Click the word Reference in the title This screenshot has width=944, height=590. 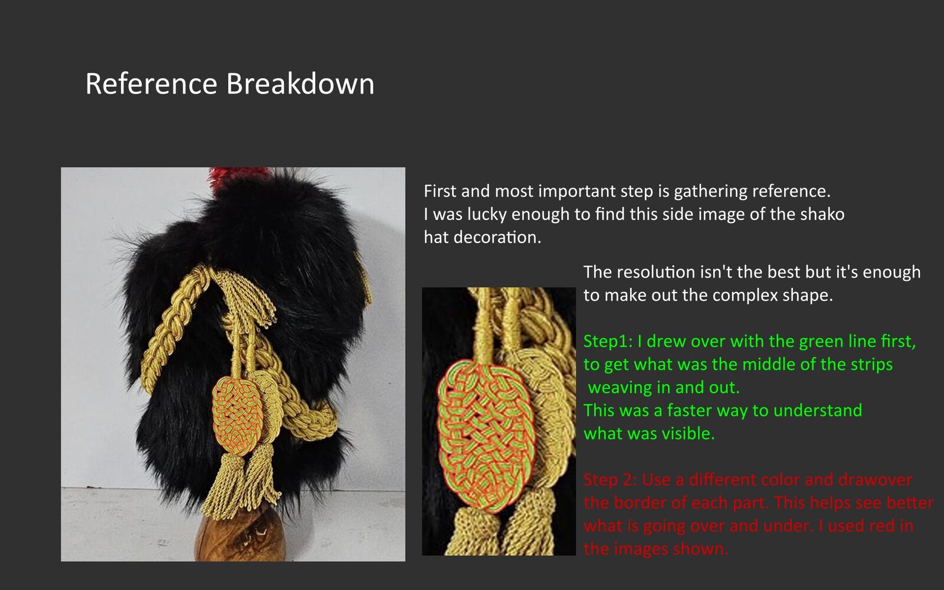click(151, 83)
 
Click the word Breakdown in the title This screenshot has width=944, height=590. click(300, 83)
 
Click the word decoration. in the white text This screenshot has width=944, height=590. click(497, 237)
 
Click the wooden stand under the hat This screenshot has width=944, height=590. click(241, 535)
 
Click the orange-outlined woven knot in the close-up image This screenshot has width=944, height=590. click(486, 435)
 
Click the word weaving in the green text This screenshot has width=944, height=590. click(619, 388)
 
